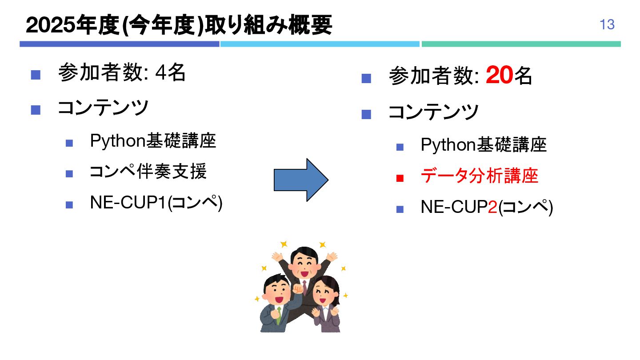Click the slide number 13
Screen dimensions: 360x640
(607, 24)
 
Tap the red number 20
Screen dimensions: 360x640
(500, 76)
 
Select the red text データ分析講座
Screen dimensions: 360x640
(479, 176)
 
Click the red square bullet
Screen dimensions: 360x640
(400, 179)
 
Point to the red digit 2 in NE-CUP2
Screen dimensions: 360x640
(492, 207)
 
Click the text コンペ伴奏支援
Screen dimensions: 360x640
(148, 172)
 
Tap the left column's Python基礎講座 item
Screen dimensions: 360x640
(153, 141)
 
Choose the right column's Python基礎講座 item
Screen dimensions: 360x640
(484, 145)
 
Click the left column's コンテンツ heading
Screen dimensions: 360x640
(103, 108)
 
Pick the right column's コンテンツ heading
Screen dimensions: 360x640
(433, 112)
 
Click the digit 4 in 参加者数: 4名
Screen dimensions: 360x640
(160, 73)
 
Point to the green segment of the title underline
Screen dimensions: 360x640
(521, 44)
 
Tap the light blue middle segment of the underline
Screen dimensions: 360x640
(320, 44)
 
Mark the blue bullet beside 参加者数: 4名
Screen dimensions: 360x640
(36, 74)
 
